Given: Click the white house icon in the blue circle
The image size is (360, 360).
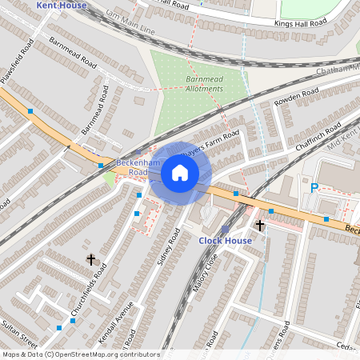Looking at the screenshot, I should pyautogui.click(x=180, y=172).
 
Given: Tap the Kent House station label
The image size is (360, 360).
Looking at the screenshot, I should pyautogui.click(x=62, y=5).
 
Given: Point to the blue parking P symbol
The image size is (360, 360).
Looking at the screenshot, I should pyautogui.click(x=314, y=188).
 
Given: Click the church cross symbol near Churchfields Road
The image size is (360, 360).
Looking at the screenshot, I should pyautogui.click(x=90, y=259).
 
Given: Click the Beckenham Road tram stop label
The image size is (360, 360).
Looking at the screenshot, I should pyautogui.click(x=133, y=167).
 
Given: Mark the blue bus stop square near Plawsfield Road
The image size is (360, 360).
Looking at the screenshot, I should pyautogui.click(x=30, y=110).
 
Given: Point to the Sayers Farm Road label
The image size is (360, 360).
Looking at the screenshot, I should pyautogui.click(x=210, y=147).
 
